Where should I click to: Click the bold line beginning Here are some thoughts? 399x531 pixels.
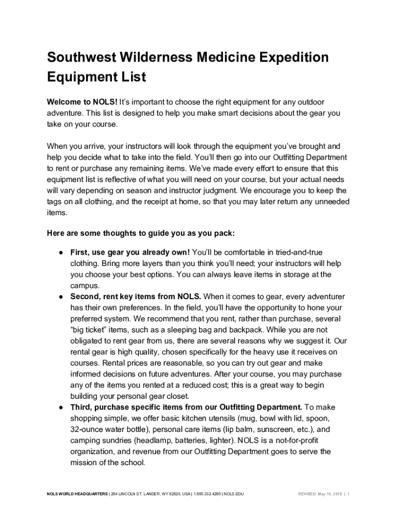pyautogui.click(x=141, y=233)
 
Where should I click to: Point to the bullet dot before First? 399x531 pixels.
pyautogui.click(x=61, y=253)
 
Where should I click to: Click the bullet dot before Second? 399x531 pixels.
pyautogui.click(x=61, y=297)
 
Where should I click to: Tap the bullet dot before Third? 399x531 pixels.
pyautogui.click(x=61, y=407)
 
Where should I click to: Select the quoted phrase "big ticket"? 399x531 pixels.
pyautogui.click(x=91, y=330)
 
